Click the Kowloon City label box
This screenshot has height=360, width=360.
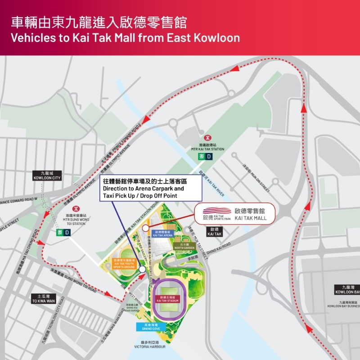tap(46, 175)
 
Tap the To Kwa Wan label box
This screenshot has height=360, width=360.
tap(43, 298)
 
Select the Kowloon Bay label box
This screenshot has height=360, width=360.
tap(347, 289)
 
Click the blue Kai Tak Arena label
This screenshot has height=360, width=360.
tap(162, 234)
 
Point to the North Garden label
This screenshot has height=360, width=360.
tap(185, 246)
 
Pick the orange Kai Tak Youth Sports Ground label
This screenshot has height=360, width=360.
tap(124, 263)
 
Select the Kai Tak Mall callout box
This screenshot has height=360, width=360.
tap(234, 214)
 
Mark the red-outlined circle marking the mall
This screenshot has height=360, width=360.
tap(145, 228)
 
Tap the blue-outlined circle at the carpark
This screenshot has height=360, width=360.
tap(143, 269)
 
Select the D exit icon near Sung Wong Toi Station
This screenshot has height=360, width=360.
tap(67, 232)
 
